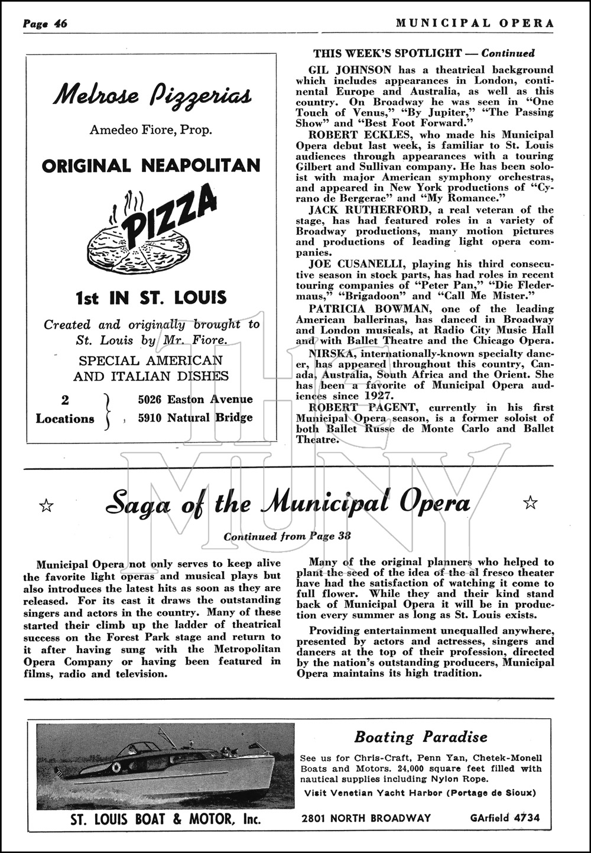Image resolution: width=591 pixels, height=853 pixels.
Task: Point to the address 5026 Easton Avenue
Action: click(x=195, y=400)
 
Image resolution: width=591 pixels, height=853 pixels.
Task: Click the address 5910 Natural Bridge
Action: click(x=195, y=418)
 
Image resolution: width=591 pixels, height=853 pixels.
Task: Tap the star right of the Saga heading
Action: click(x=531, y=503)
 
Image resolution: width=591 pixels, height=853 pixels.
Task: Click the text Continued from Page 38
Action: click(x=287, y=537)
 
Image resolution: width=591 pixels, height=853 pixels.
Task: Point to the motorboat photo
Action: click(x=165, y=765)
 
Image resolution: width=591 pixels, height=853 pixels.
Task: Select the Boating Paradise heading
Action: click(x=421, y=737)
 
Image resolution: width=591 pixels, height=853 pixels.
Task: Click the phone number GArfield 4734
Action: click(x=505, y=818)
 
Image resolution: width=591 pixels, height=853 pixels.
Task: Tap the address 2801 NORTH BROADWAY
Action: click(x=366, y=818)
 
